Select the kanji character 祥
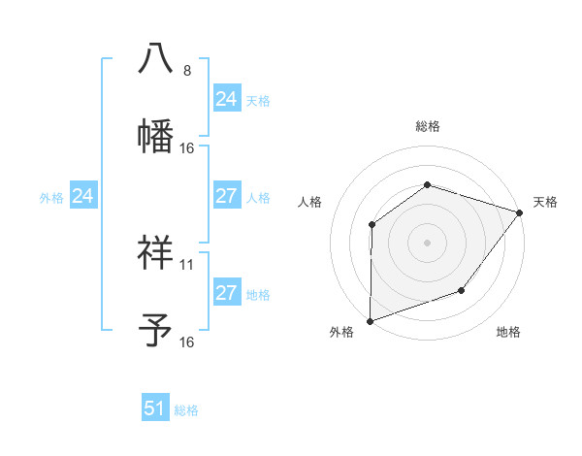coord(155,251)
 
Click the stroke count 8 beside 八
coord(187,71)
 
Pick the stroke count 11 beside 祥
coord(187,264)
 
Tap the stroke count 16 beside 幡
coord(187,148)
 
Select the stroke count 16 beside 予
coord(187,342)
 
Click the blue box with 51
coord(155,408)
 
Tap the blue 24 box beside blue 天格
coord(226,99)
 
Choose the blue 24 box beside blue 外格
coord(83,196)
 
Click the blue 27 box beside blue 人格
coord(226,196)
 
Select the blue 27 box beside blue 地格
coord(226,293)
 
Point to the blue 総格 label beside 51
coord(186,410)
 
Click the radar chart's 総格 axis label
coord(427,126)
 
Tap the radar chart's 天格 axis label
coord(545,202)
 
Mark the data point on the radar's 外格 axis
coord(371,320)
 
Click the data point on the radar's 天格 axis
coord(521,212)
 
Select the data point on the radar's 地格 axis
coord(463,290)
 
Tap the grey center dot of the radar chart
coord(427,242)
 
